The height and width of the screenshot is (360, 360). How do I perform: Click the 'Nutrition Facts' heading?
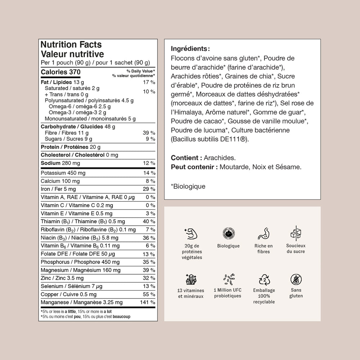(71, 45)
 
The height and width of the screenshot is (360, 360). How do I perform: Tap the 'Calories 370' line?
(60, 72)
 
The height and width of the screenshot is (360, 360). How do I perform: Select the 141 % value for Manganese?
(148, 302)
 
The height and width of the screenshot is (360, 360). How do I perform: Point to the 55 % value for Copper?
(149, 294)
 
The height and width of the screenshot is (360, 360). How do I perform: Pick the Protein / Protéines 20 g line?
(71, 147)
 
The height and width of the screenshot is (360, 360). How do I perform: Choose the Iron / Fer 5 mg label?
(58, 189)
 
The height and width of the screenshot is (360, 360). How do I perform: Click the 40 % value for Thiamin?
(149, 221)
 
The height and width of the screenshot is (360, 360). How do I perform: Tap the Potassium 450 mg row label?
(63, 173)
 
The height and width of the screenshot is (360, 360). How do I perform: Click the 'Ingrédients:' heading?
(190, 49)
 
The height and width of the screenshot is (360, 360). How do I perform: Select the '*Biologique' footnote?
(188, 186)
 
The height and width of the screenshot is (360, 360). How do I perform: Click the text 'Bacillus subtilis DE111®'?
(210, 139)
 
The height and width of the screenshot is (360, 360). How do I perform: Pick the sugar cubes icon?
(296, 233)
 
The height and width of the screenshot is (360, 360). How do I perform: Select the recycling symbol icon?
(264, 279)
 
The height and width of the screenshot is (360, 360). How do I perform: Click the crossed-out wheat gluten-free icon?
(296, 279)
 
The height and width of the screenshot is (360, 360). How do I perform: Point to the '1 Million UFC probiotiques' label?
(228, 293)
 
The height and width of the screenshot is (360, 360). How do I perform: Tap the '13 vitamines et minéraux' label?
(191, 293)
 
